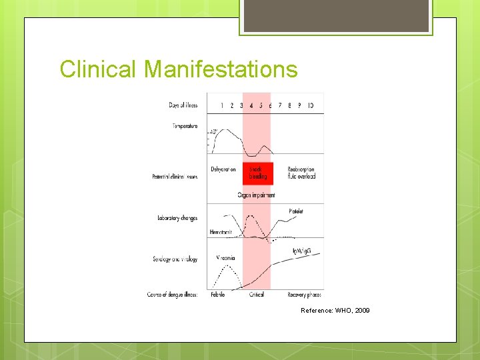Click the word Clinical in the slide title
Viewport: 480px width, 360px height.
coord(99,69)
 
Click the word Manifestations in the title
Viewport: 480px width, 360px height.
coord(221,69)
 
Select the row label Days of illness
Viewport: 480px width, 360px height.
coord(183,105)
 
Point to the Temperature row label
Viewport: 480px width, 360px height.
coord(185,126)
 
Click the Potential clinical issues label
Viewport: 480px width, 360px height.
coord(175,177)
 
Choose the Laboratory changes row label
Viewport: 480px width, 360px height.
coord(177,218)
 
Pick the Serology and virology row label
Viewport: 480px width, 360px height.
coord(175,259)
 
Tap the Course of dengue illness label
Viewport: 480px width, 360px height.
coord(172,294)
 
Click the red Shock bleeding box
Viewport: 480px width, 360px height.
coord(258,173)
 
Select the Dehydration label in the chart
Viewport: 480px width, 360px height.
coord(223,169)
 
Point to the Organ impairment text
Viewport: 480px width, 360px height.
coord(256,195)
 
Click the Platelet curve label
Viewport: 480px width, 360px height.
coord(296,211)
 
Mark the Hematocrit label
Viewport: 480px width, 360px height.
coord(221,231)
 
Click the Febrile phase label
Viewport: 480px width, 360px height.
coord(218,294)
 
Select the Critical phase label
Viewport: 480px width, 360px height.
coord(257,294)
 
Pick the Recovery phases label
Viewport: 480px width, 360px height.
coord(305,294)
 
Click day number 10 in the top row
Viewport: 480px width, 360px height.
coord(311,105)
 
